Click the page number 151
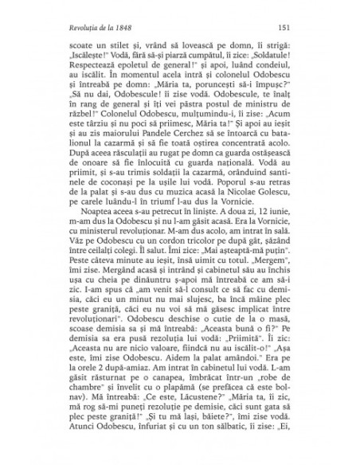pos(283,29)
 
